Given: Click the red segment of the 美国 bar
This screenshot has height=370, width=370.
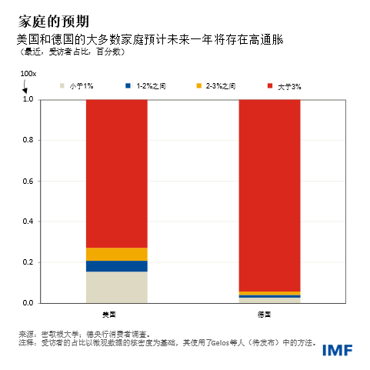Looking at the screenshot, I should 116,173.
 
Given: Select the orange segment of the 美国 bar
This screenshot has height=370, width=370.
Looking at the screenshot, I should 116,254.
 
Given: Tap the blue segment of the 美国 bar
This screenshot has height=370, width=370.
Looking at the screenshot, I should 116,266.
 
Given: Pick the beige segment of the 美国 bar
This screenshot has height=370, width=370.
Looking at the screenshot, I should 116,287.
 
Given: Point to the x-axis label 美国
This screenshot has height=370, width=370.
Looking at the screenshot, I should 109,315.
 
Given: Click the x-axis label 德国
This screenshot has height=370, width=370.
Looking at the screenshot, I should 262,315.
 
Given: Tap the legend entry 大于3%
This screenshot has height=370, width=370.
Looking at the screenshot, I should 288,87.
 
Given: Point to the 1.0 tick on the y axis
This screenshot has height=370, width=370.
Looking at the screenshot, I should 28,99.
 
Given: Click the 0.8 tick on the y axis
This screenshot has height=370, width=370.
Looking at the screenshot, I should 28,140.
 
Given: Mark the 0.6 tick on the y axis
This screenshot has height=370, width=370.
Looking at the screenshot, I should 28,181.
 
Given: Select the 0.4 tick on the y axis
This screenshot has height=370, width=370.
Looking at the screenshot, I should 28,222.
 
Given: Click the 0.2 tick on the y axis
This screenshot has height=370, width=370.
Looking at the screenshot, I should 28,262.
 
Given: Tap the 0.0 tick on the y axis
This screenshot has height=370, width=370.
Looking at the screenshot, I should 28,303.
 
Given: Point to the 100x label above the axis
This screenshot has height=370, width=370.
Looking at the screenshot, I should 28,73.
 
